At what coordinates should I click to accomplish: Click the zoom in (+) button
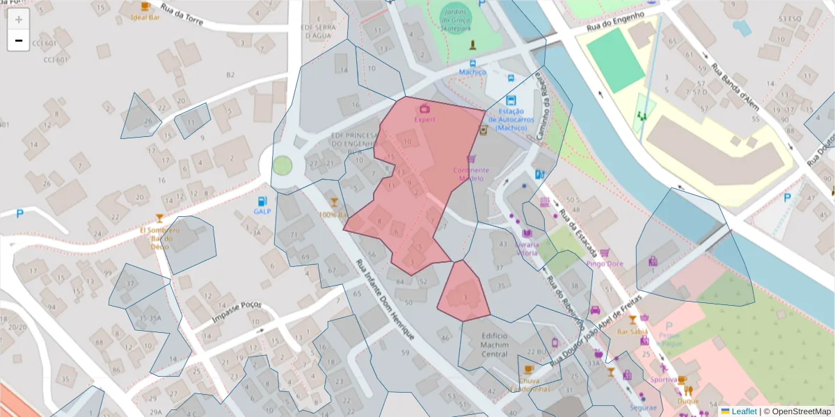[19, 19]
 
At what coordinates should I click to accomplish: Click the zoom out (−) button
[19, 40]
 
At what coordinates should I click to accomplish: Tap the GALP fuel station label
[262, 211]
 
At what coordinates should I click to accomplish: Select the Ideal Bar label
[145, 17]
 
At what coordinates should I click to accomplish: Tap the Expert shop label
[424, 119]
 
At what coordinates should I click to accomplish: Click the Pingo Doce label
[604, 263]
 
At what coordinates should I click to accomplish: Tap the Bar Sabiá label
[633, 332]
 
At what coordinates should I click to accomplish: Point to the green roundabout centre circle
[282, 165]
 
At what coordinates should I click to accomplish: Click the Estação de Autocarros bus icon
[511, 100]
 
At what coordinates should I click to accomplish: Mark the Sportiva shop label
[664, 379]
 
